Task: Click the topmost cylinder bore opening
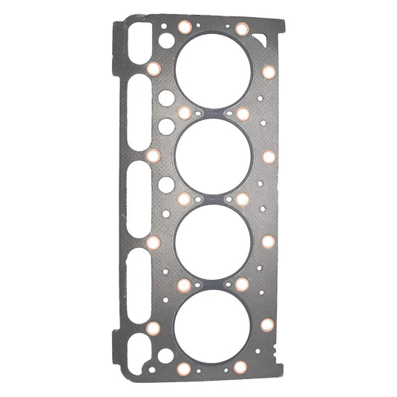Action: [213, 71]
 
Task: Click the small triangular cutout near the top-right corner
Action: [259, 36]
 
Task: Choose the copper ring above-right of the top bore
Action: [242, 29]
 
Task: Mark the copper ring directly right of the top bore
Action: [269, 72]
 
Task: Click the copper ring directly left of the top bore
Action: [154, 69]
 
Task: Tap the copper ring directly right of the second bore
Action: [268, 157]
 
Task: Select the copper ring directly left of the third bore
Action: [154, 242]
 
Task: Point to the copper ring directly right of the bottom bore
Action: [267, 325]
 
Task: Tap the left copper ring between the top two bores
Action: [185, 113]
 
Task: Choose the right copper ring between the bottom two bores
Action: [241, 283]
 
